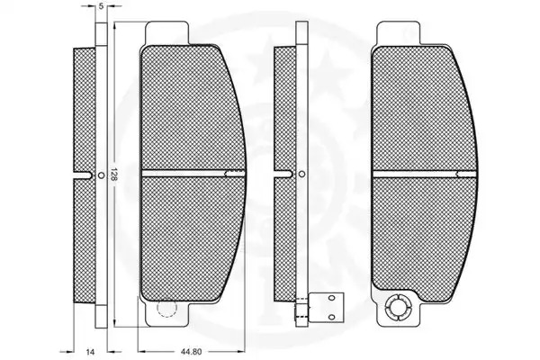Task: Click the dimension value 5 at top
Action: pos(101,6)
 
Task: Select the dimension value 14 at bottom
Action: pos(90,352)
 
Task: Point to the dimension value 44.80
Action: pos(191,352)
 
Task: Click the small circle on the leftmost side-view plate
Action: pos(101,175)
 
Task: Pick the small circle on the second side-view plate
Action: pos(301,174)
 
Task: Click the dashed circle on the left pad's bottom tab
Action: pos(166,307)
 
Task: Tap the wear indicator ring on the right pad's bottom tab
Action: pos(398,308)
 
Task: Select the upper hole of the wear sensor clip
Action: pos(331,298)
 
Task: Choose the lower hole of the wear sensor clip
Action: pos(331,317)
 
